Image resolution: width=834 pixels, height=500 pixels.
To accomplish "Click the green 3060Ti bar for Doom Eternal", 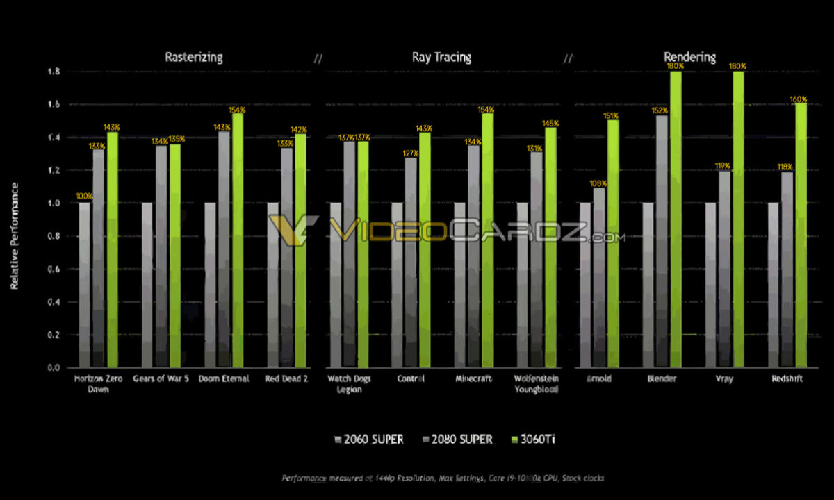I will click(238, 240).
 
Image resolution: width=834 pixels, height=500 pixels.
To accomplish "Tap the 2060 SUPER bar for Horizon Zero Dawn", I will click(84, 285).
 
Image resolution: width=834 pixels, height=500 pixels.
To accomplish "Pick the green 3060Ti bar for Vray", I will click(738, 219).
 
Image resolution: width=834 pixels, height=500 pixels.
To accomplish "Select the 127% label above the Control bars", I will click(411, 153).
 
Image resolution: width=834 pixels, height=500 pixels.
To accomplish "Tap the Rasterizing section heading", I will click(193, 57).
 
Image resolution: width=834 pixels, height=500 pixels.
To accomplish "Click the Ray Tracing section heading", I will click(441, 57).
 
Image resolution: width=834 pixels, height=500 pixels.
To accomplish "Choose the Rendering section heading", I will click(689, 57).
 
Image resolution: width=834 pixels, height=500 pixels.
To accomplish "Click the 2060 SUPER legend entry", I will click(369, 439).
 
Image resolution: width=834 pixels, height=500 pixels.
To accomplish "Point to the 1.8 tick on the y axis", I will click(53, 72).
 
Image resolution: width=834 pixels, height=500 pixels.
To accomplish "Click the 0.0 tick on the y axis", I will click(53, 367).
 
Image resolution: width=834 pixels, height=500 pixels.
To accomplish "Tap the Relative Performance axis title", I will click(15, 236).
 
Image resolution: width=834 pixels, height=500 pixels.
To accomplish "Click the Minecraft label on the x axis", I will click(473, 379).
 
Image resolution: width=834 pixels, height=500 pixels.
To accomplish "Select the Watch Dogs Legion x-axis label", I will click(349, 384).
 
